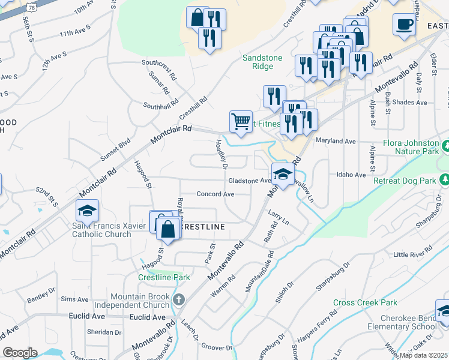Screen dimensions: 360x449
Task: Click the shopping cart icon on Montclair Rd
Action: pyautogui.click(x=241, y=121)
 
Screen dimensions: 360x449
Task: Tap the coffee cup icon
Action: pyautogui.click(x=405, y=25)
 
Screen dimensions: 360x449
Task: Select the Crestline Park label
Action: pyautogui.click(x=164, y=277)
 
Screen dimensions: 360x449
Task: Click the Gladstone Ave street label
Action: pyautogui.click(x=249, y=181)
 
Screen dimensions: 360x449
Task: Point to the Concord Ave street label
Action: pyautogui.click(x=215, y=194)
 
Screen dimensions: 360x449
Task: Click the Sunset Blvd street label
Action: pyautogui.click(x=115, y=149)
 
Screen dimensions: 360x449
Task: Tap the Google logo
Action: pyautogui.click(x=20, y=353)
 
